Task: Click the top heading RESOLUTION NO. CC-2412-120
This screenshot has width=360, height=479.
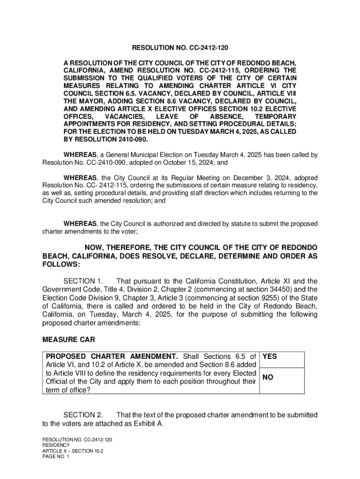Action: pyautogui.click(x=180, y=48)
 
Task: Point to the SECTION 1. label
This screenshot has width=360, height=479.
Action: pyautogui.click(x=83, y=281)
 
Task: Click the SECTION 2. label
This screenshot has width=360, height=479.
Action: pyautogui.click(x=83, y=415)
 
